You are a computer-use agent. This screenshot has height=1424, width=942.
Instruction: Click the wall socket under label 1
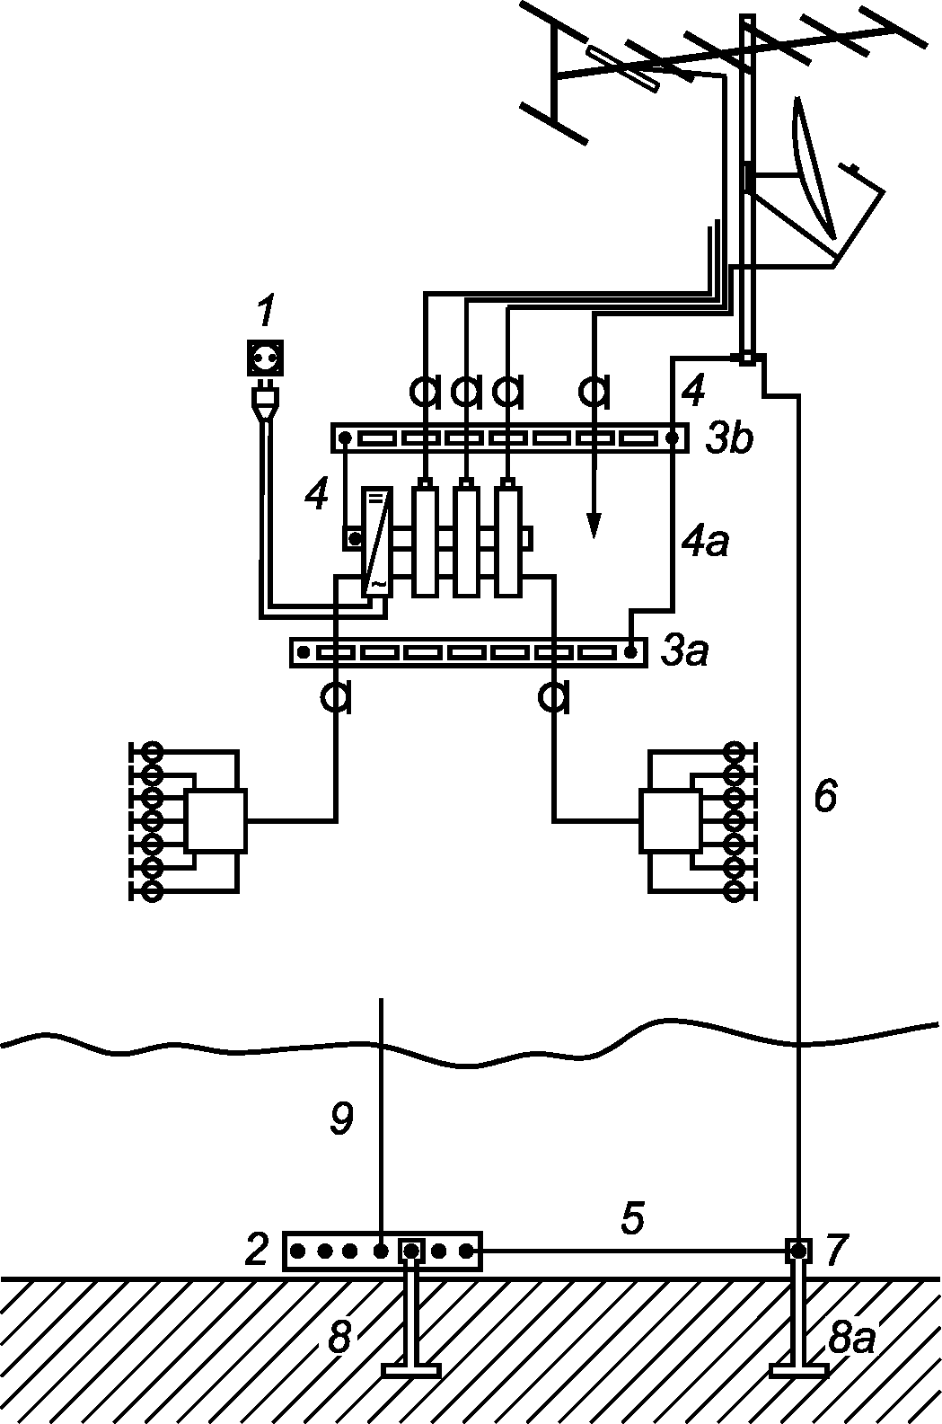coord(264,358)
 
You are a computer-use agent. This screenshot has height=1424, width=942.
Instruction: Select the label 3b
coord(729,438)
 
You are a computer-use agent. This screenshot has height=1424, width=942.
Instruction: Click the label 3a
coord(684,650)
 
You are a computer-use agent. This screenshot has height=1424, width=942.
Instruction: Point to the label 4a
coord(704,543)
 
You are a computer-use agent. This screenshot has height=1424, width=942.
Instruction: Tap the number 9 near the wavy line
coord(341,1119)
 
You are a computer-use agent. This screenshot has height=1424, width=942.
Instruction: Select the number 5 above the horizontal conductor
coord(632,1217)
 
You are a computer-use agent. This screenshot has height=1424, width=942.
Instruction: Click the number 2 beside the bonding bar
coord(257,1249)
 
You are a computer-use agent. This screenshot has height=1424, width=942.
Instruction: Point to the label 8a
coord(851,1338)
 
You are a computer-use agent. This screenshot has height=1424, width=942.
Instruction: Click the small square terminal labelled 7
coord(798,1252)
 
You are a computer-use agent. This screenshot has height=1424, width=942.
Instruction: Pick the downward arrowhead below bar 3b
coord(593,525)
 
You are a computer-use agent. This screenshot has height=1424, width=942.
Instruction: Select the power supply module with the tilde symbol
coord(376,543)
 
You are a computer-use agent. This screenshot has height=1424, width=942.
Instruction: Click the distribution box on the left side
coord(216,821)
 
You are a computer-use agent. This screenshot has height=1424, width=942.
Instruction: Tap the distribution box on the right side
coord(671,821)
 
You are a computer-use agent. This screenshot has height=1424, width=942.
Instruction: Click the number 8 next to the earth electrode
coord(339,1337)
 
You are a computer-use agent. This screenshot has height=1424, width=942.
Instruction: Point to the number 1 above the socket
coord(264,313)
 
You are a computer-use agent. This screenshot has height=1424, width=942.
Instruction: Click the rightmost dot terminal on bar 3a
coord(630,652)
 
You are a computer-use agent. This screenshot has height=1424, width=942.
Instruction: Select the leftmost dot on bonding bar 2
coord(297,1252)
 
